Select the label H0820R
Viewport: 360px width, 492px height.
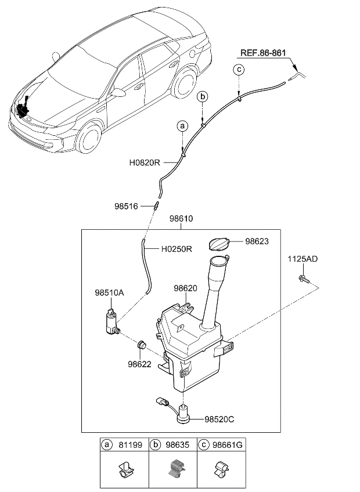coord(145,163)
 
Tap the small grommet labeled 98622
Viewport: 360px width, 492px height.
coord(141,346)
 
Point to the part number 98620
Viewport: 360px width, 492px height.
coord(186,288)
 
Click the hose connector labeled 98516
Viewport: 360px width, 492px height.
coord(156,206)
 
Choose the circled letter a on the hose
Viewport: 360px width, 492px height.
coord(182,126)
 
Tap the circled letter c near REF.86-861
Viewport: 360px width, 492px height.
coord(239,70)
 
